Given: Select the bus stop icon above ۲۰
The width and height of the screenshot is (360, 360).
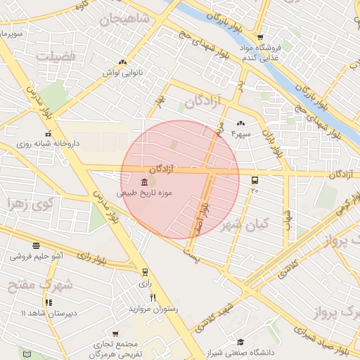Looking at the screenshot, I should click(x=254, y=180).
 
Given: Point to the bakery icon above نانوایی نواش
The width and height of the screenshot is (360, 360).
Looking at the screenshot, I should click(x=123, y=63).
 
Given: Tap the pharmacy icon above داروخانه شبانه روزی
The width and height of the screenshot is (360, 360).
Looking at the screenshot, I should click(x=48, y=134).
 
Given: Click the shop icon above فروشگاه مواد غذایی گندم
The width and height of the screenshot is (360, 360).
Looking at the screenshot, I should click(x=260, y=38).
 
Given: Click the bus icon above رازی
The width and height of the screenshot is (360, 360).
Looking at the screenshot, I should click(x=145, y=272).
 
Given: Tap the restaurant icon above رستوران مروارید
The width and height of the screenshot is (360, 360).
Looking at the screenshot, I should click(x=153, y=298).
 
